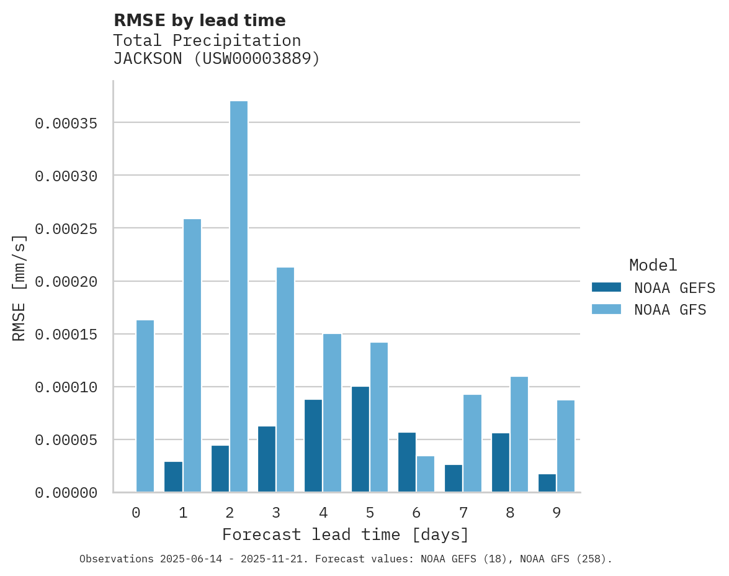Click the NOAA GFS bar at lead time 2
coord(239,297)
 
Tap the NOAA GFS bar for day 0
coord(145,406)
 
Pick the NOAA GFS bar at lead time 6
coord(426,474)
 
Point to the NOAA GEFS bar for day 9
coord(547,483)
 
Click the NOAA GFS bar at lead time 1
coord(192,356)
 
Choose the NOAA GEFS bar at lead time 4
coord(313,446)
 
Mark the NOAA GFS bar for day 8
coord(519,434)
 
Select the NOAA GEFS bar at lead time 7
coord(454,478)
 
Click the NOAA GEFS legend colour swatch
coord(606,287)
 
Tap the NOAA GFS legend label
coord(670,310)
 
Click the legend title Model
coord(653,265)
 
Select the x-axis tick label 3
coord(276,513)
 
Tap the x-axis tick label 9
coord(557,513)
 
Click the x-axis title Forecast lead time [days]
coord(346,534)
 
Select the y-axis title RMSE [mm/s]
coord(19,287)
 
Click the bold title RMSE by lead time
coord(199,20)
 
